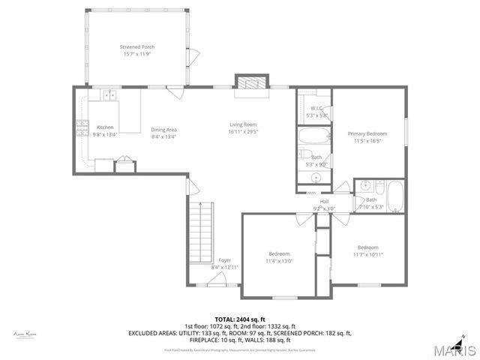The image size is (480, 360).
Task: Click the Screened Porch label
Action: tap(136, 47)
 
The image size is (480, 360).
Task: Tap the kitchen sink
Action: tap(109, 95)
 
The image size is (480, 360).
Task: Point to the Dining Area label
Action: tap(163, 130)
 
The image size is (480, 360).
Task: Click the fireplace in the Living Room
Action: tap(250, 84)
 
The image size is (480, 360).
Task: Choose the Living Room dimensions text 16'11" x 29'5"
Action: tap(243, 131)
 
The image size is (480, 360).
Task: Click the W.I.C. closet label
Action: tap(316, 108)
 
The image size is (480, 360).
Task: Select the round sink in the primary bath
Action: tap(316, 178)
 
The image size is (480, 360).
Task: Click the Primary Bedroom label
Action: tap(367, 133)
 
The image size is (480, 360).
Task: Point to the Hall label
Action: tap(324, 201)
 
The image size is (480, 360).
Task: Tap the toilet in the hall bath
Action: tap(362, 186)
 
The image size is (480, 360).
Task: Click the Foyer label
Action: tap(225, 260)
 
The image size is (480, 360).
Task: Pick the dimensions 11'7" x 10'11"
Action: tap(367, 255)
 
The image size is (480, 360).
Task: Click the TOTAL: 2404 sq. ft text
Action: tap(240, 319)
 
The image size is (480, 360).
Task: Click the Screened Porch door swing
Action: tap(192, 55)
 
